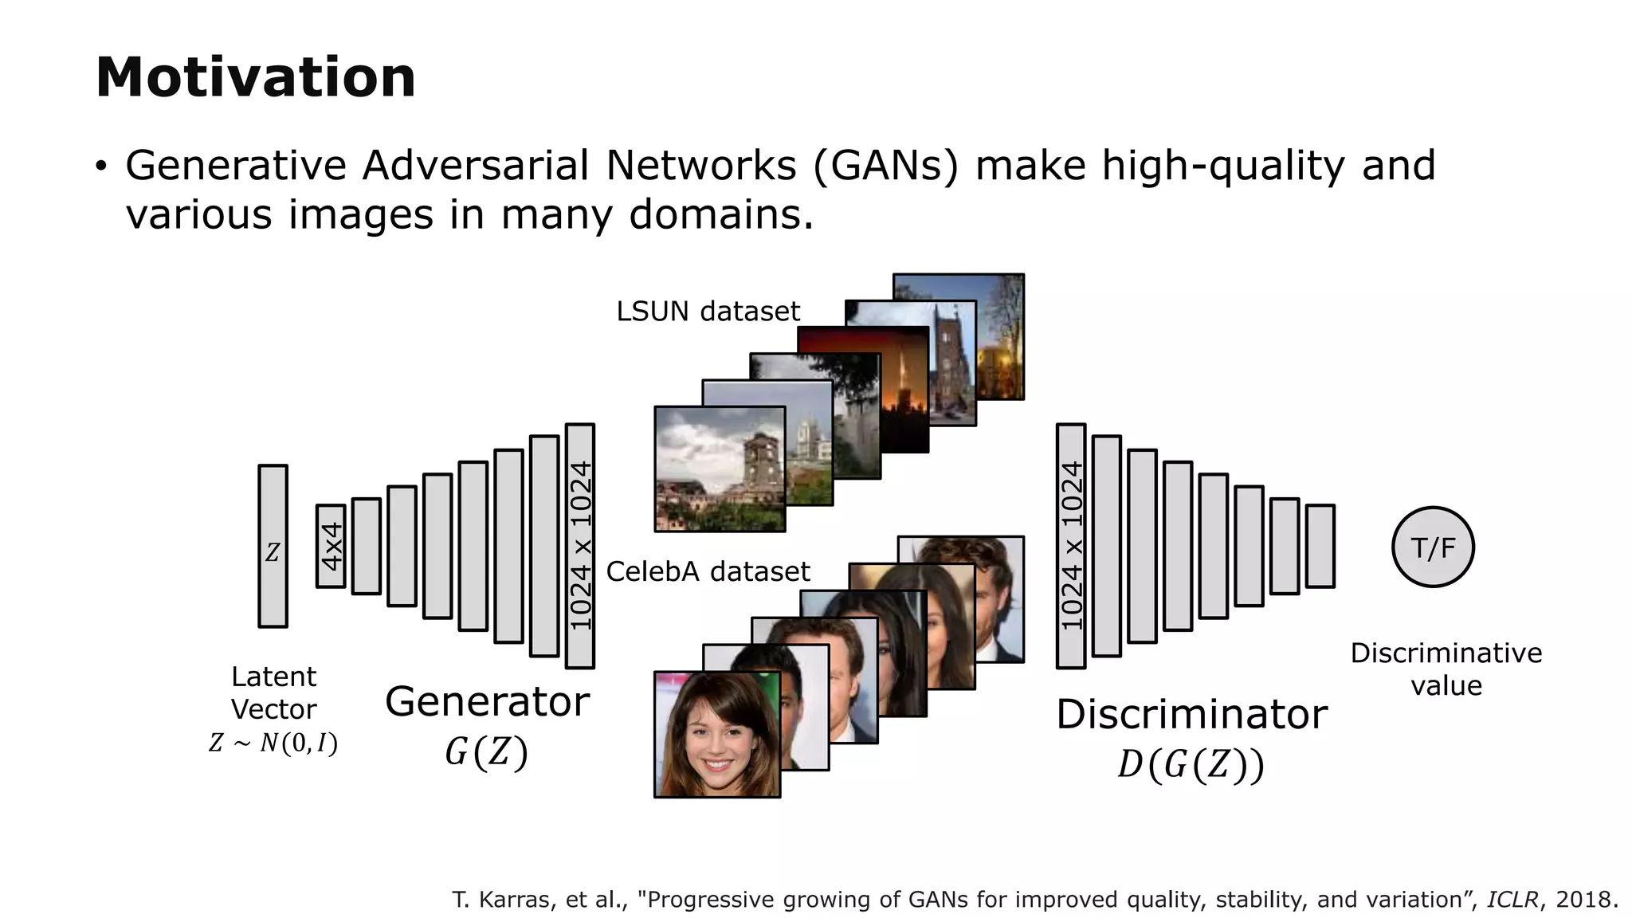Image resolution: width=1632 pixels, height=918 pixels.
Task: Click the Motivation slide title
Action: tap(255, 78)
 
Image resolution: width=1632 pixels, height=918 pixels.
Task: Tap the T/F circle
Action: tap(1433, 547)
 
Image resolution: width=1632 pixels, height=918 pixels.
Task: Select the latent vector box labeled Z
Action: tap(273, 547)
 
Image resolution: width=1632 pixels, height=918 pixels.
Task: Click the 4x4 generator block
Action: tap(331, 547)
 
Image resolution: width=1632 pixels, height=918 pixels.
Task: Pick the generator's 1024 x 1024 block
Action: tap(579, 547)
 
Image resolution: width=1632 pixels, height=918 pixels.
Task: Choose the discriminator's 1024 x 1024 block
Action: tap(1071, 547)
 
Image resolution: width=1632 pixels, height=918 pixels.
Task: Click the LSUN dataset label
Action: tap(708, 312)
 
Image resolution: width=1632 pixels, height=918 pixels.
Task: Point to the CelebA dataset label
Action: tap(708, 571)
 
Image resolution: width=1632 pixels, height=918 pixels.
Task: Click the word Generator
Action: tap(487, 702)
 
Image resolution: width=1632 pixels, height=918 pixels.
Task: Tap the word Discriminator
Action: tap(1191, 714)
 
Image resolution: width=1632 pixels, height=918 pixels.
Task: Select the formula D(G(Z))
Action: tap(1191, 765)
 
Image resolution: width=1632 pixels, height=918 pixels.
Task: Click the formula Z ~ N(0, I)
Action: tap(273, 743)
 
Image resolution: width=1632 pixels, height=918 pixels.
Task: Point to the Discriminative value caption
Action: tap(1446, 669)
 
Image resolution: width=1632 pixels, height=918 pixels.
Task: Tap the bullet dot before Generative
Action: tap(100, 167)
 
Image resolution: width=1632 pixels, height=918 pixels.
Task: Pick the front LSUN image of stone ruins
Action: tap(720, 469)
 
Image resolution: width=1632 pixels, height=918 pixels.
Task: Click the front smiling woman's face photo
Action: tap(716, 735)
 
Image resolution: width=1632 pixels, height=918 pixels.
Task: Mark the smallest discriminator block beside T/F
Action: tap(1320, 547)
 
